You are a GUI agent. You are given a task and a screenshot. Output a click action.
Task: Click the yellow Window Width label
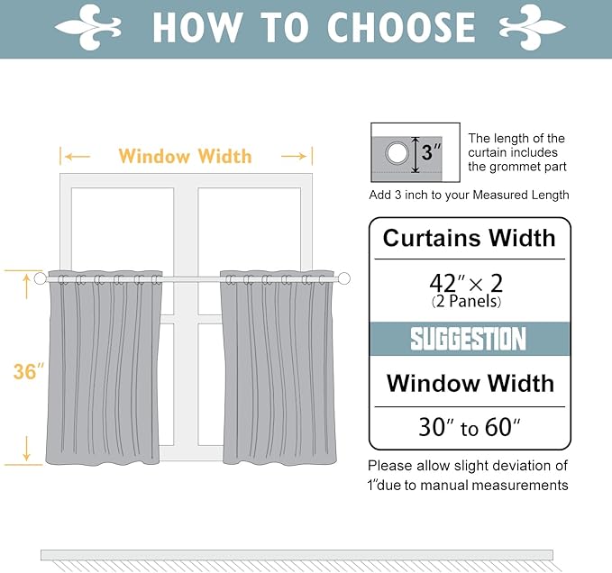pyautogui.click(x=185, y=156)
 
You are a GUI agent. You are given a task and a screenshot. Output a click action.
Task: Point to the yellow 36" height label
pyautogui.click(x=29, y=371)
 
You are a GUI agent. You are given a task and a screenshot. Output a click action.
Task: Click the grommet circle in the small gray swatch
pyautogui.click(x=397, y=154)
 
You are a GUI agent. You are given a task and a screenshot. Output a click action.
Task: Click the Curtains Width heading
pyautogui.click(x=469, y=239)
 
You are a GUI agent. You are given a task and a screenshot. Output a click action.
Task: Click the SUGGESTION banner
pyautogui.click(x=469, y=339)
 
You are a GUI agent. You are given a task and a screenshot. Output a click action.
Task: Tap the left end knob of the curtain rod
pyautogui.click(x=41, y=279)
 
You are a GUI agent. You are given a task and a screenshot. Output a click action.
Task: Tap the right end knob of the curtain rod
pyautogui.click(x=344, y=279)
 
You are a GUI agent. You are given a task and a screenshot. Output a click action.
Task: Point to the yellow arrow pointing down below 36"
pyautogui.click(x=27, y=447)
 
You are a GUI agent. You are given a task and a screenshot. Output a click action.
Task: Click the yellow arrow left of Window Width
pyautogui.click(x=78, y=157)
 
